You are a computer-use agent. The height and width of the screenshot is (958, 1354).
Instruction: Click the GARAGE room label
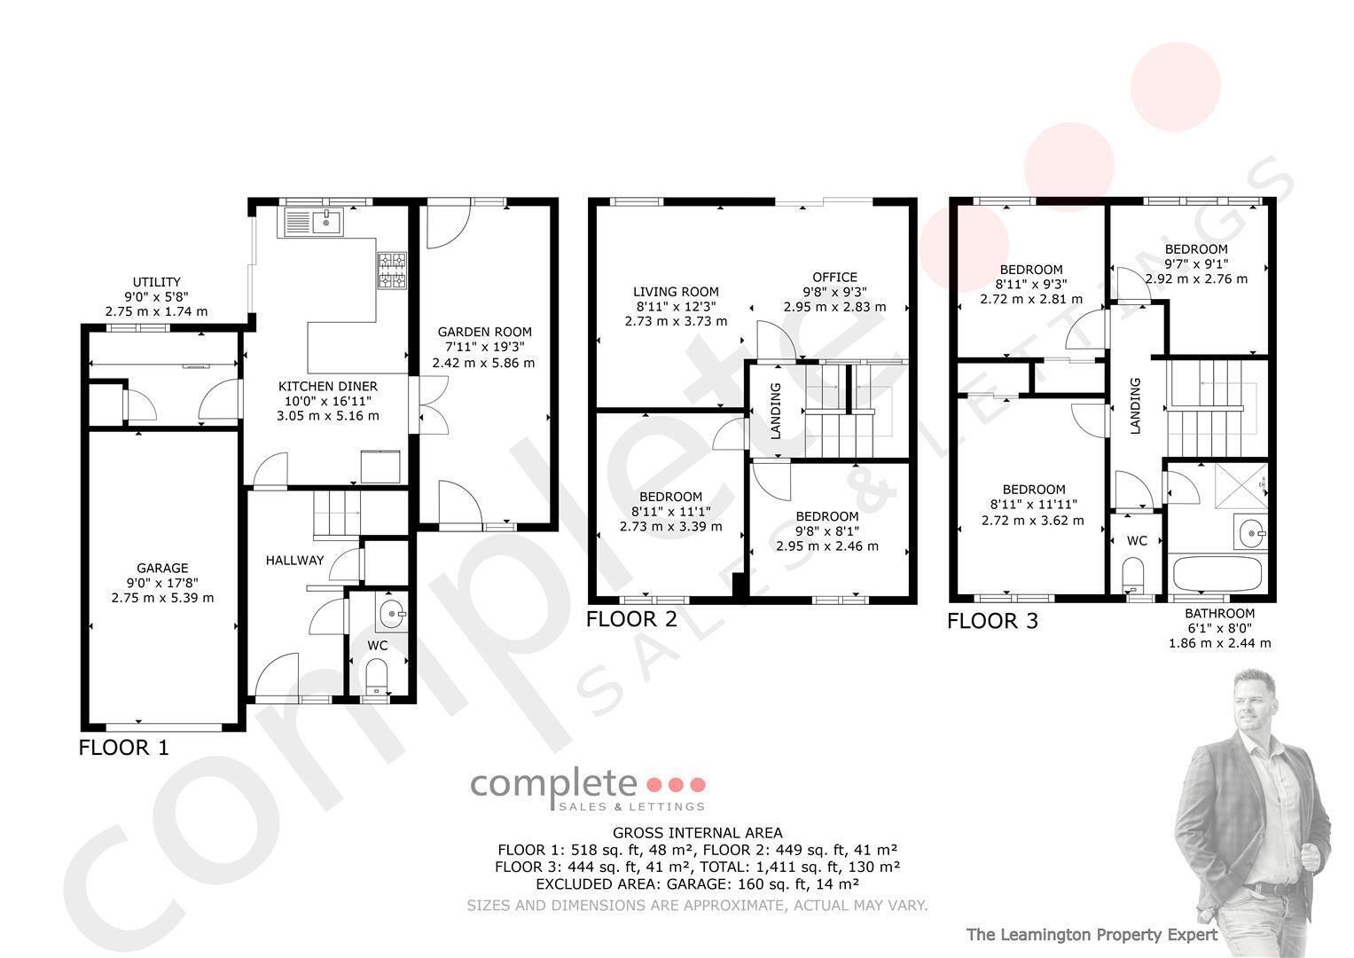[162, 568]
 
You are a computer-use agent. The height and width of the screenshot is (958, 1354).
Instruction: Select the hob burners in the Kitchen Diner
[392, 271]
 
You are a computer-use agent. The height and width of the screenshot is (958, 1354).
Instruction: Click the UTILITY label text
[157, 282]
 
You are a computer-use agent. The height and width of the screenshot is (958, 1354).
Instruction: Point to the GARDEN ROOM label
[485, 332]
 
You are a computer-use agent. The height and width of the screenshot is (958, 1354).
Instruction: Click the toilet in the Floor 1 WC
[377, 677]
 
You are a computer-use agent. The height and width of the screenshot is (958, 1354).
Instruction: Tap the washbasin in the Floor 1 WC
[392, 613]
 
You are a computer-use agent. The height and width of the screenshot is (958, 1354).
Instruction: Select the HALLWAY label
[294, 561]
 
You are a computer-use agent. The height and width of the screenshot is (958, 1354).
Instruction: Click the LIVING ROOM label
[676, 292]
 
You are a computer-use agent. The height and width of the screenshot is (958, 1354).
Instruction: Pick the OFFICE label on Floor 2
[834, 277]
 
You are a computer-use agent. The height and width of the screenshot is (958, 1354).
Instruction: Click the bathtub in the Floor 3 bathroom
[1217, 573]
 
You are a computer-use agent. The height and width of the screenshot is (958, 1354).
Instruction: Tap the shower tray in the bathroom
[1241, 486]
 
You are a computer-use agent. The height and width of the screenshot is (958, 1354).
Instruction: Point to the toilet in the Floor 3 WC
[1132, 574]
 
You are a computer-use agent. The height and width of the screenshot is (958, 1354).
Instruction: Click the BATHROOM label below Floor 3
[1219, 613]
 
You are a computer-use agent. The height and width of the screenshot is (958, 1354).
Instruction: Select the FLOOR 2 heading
[631, 619]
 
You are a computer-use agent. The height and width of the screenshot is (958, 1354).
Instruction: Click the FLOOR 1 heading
[123, 748]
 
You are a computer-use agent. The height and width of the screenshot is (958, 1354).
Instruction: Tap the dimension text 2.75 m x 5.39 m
[162, 598]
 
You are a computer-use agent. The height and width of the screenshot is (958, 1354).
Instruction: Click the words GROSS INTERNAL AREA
[697, 833]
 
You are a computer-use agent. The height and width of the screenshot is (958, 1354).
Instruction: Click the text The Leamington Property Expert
[1092, 935]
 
